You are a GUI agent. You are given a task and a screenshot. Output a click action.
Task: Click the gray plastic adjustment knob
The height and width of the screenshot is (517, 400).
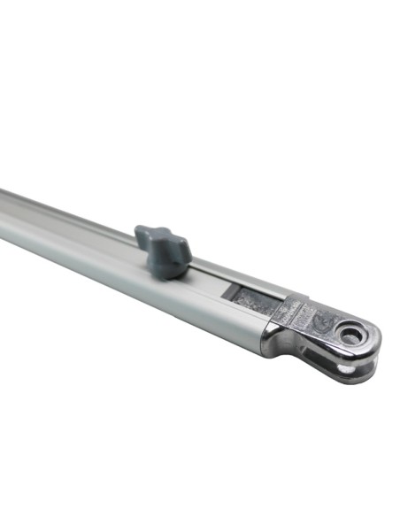(x=164, y=249)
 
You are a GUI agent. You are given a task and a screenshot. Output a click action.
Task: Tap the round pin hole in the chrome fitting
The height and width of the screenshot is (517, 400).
(x=351, y=335)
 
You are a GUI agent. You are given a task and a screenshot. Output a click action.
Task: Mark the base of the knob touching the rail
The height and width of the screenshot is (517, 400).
(x=168, y=270)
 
